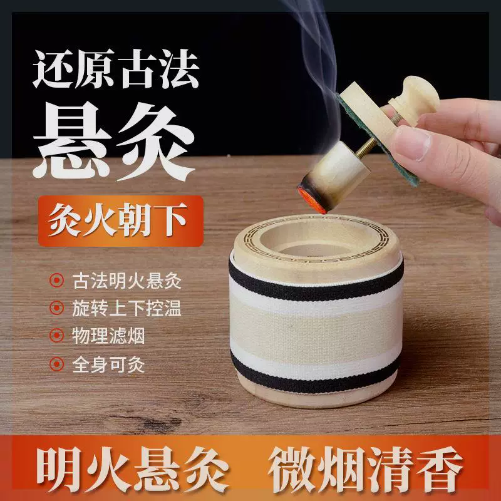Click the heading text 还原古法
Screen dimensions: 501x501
pos(116,69)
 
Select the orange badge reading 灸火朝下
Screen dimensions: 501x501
pos(120,221)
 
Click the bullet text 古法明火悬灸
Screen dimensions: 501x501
pos(127,281)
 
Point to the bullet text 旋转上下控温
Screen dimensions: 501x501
pos(127,308)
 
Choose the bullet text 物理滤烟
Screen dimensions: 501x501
pos(108,336)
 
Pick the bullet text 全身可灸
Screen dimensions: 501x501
pos(108,364)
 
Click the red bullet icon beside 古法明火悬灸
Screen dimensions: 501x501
pos(56,281)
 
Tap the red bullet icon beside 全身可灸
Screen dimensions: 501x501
pos(56,364)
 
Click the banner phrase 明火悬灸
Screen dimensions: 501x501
pos(133,469)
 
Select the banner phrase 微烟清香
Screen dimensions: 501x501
pos(366,469)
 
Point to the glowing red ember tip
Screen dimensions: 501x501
pos(312,200)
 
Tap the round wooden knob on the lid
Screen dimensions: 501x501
pos(414,99)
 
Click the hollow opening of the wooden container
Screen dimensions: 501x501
pos(315,240)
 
